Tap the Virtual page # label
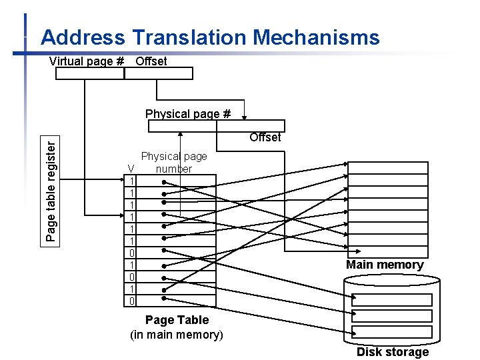pyautogui.click(x=87, y=61)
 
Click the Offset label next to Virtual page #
pyautogui.click(x=151, y=61)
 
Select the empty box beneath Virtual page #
pyautogui.click(x=89, y=73)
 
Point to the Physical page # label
pyautogui.click(x=188, y=114)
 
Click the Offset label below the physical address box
pyautogui.click(x=265, y=137)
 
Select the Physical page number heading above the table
pyautogui.click(x=174, y=163)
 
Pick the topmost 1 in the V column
pyautogui.click(x=132, y=181)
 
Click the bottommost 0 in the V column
pyautogui.click(x=132, y=301)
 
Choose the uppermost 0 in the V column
pyautogui.click(x=132, y=253)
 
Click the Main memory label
pyautogui.click(x=385, y=265)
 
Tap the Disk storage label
pyautogui.click(x=393, y=352)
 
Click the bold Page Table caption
pyautogui.click(x=177, y=320)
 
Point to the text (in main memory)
pyautogui.click(x=177, y=334)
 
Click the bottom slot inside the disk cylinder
pyautogui.click(x=392, y=332)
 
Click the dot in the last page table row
pyautogui.click(x=164, y=301)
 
